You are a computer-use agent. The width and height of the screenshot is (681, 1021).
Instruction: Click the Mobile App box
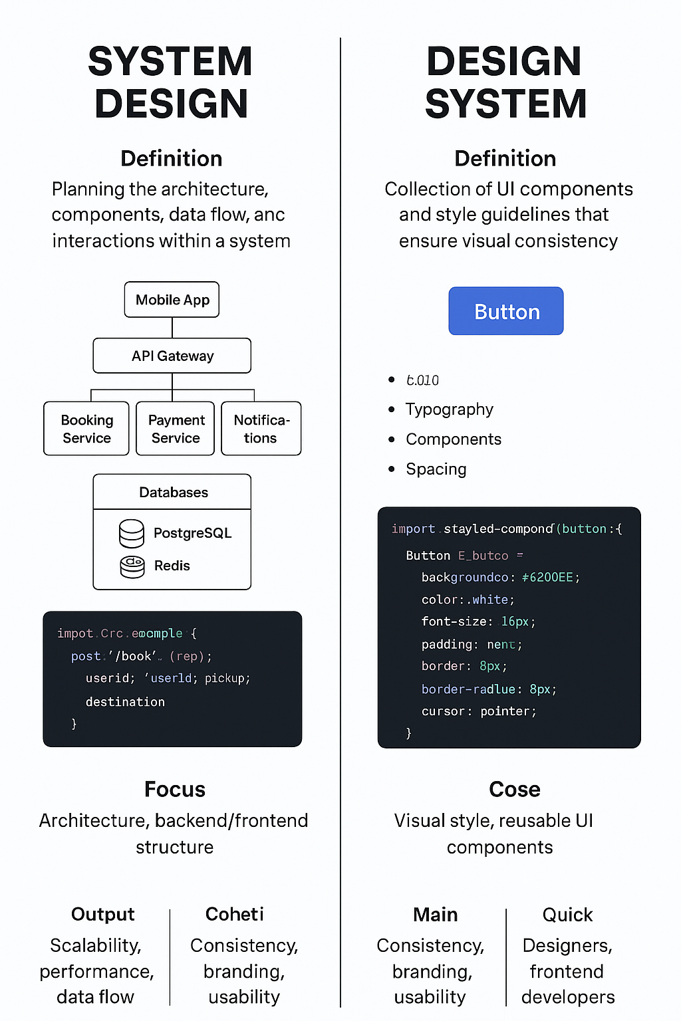click(172, 300)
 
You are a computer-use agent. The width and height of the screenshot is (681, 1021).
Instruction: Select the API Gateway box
click(172, 356)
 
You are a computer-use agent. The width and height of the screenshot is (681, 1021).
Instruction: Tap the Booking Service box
click(86, 429)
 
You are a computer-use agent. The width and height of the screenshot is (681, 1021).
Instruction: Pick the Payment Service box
click(176, 429)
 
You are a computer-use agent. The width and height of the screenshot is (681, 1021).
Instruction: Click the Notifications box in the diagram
click(261, 429)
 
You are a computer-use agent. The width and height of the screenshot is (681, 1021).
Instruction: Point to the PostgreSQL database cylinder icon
click(132, 533)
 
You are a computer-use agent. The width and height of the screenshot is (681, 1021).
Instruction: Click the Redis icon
click(132, 566)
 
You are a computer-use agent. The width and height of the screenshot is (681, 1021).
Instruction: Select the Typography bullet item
click(450, 409)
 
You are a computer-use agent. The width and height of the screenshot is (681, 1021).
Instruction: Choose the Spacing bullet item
click(436, 469)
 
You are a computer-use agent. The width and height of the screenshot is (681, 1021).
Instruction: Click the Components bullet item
click(454, 439)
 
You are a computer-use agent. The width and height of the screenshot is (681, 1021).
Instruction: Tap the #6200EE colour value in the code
click(547, 578)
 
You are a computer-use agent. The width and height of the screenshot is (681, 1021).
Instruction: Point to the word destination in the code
click(125, 702)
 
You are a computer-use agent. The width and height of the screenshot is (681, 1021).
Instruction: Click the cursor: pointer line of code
click(479, 711)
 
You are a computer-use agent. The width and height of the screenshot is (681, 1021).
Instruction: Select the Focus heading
click(175, 790)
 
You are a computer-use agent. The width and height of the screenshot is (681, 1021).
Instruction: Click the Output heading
click(103, 915)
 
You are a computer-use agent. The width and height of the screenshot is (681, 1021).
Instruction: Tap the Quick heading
click(567, 915)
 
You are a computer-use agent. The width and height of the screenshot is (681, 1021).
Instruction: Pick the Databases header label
click(174, 493)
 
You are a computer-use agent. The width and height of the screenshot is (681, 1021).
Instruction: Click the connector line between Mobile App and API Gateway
click(172, 328)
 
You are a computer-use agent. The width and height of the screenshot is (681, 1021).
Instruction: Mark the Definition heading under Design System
click(505, 159)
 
